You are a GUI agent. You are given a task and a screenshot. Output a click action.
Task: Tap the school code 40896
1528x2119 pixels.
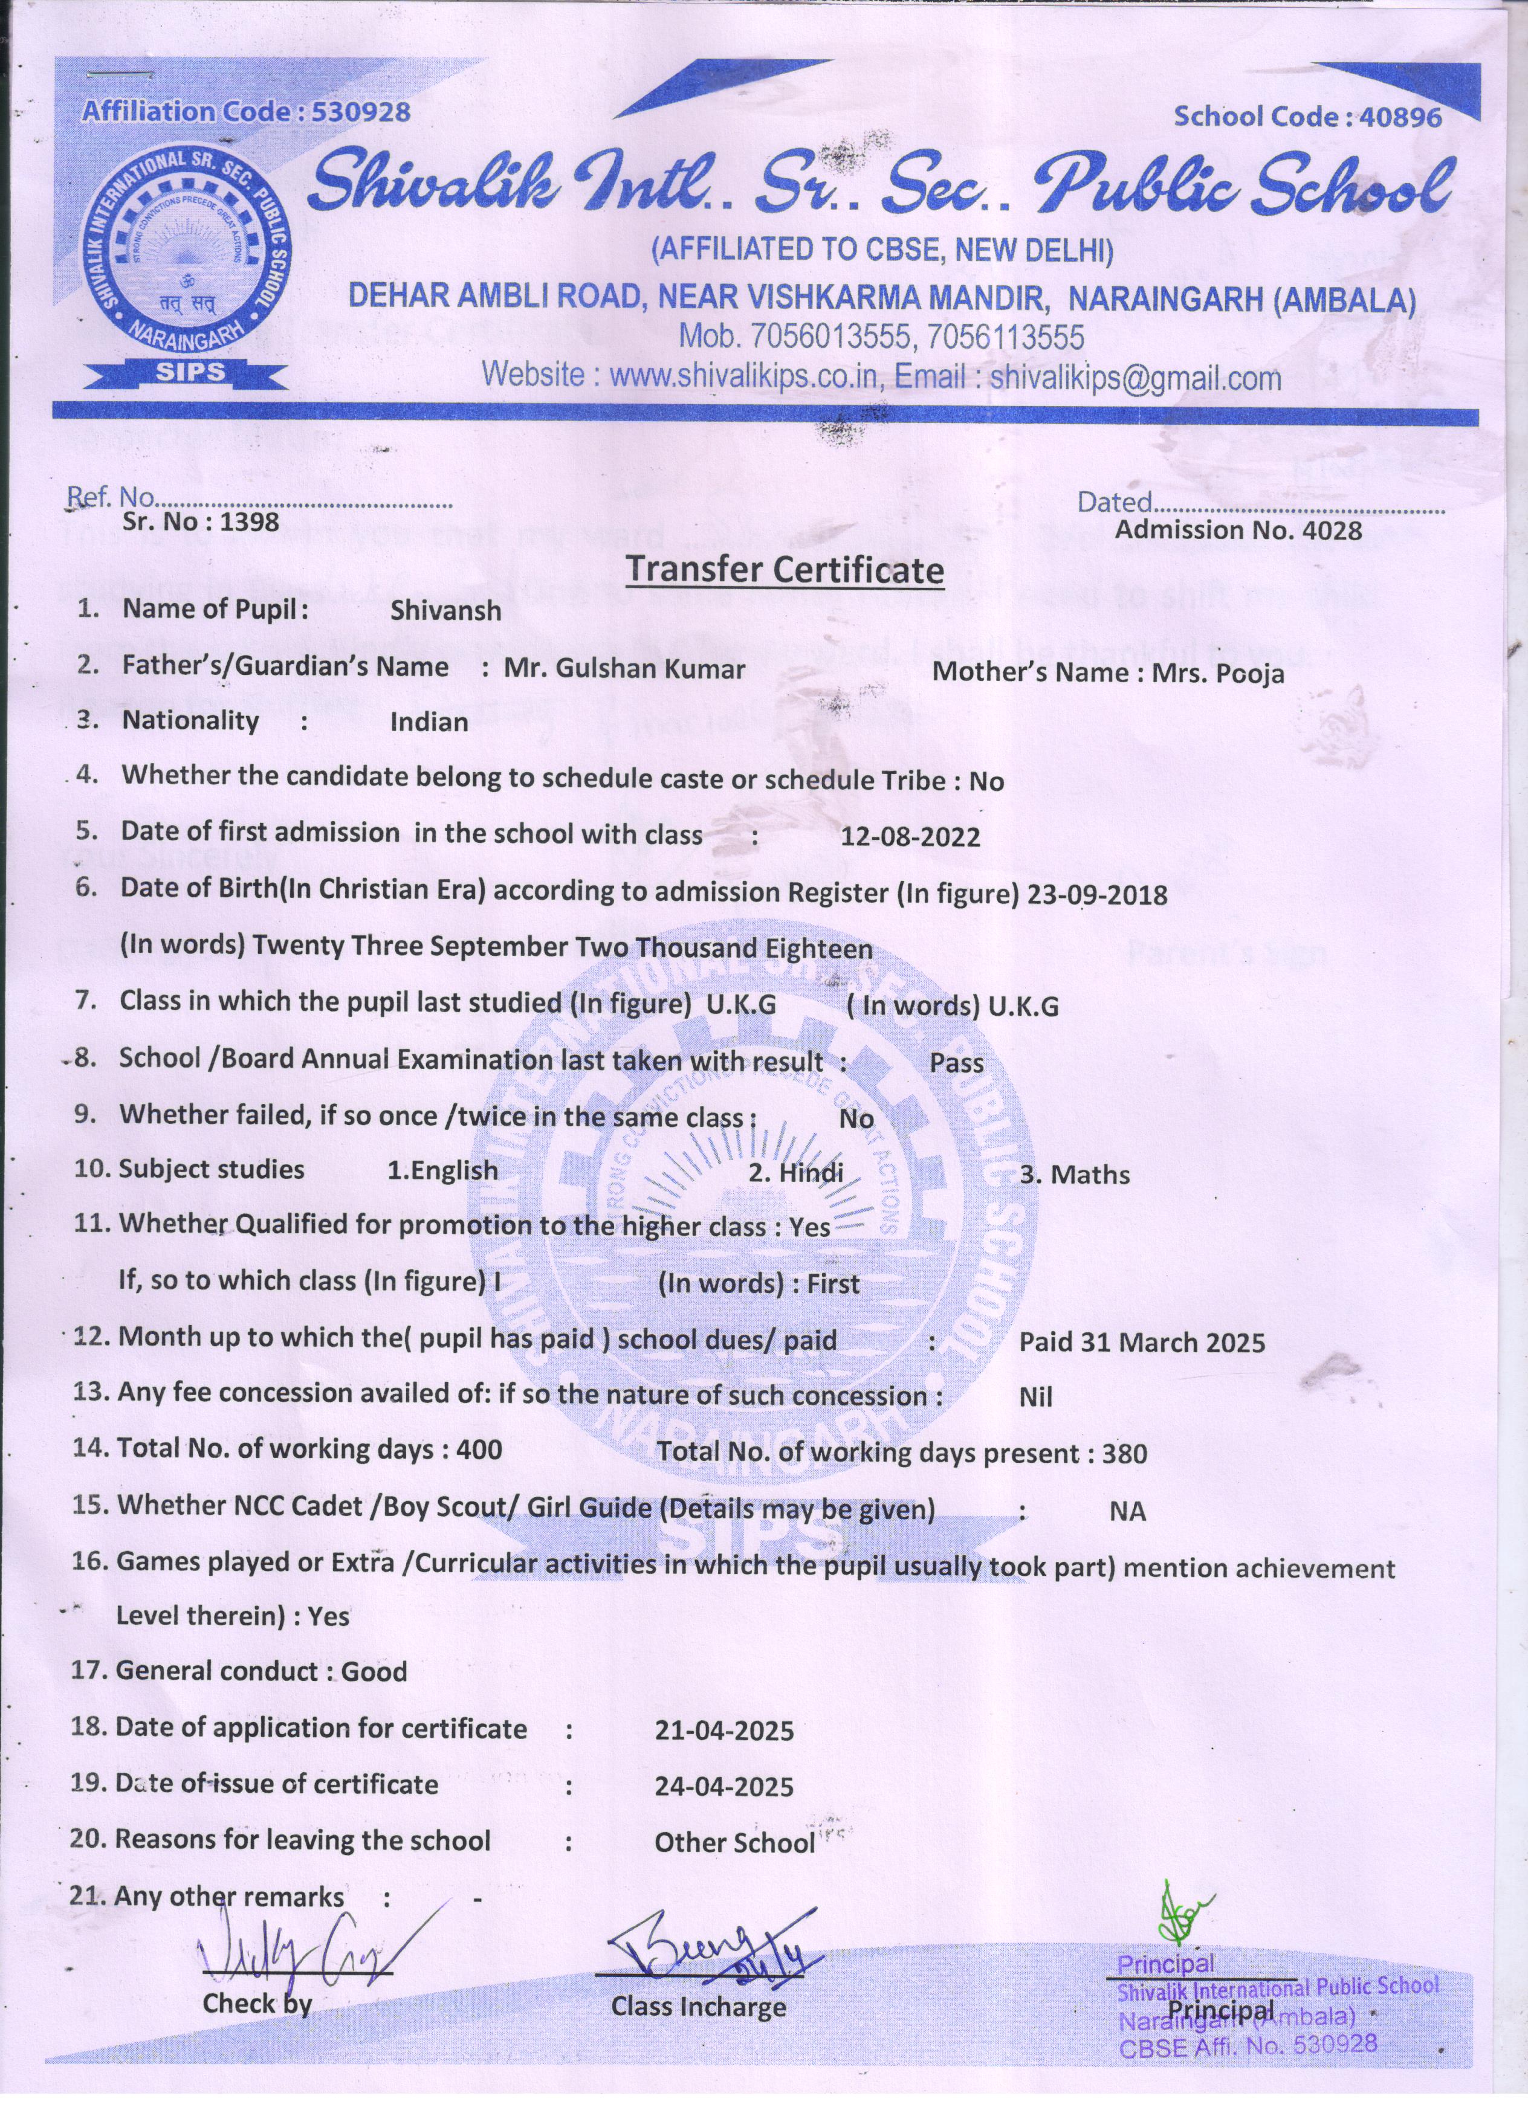coord(1401,117)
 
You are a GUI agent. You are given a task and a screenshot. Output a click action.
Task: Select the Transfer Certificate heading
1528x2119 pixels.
coord(784,569)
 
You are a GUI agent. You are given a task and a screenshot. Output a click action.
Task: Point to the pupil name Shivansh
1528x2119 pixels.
coord(446,611)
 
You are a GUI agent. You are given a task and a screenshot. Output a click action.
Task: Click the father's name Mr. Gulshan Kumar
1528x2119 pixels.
coord(624,669)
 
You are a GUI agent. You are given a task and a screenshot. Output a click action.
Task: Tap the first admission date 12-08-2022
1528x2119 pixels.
coord(910,836)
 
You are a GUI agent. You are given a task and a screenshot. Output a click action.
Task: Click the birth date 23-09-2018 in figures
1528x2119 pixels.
coord(1097,895)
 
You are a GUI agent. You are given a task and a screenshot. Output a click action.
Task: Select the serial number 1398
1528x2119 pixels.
coord(248,521)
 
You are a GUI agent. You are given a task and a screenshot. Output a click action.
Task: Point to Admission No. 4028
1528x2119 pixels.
coord(1238,531)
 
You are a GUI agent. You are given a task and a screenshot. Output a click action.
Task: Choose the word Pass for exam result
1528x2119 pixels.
coord(956,1063)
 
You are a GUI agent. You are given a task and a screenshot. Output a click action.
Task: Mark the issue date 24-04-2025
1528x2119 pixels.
coord(724,1787)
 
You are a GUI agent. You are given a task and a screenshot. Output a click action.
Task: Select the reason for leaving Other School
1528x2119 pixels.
coord(734,1843)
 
